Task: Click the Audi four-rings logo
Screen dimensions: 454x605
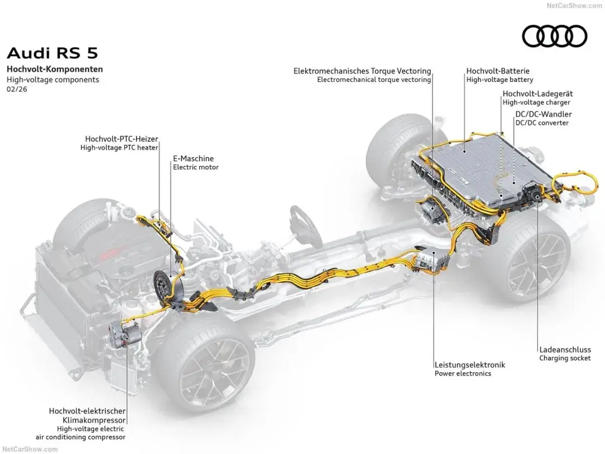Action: point(555,36)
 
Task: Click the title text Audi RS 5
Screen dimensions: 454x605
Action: point(52,53)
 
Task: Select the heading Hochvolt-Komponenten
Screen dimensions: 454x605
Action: point(55,70)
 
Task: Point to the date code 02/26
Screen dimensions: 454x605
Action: point(17,89)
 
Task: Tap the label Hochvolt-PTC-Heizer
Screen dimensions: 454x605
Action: point(122,138)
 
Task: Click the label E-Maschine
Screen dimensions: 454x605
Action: point(193,159)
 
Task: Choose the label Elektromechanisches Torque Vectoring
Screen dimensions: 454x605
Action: point(362,71)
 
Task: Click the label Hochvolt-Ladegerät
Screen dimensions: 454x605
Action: point(537,94)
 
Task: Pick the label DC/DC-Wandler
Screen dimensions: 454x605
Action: point(543,114)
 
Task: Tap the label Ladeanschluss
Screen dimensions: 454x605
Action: point(565,349)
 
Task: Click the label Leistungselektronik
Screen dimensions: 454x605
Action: point(469,364)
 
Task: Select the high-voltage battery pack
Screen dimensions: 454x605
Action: point(476,168)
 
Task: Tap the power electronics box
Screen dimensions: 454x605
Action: point(433,259)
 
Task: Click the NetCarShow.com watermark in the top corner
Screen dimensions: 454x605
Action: point(574,5)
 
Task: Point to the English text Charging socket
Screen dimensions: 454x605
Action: point(565,358)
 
